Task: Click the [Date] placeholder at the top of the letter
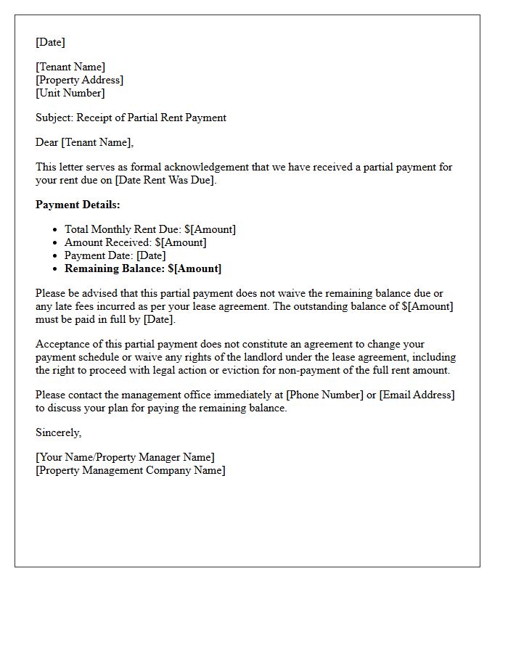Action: pyautogui.click(x=50, y=42)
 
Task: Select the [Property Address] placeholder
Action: pyautogui.click(x=79, y=80)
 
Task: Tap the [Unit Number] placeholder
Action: pyautogui.click(x=70, y=93)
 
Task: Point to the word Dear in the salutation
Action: pyautogui.click(x=47, y=142)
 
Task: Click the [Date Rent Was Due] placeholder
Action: pyautogui.click(x=165, y=180)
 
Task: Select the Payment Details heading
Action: pyautogui.click(x=78, y=205)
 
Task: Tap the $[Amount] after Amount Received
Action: pyautogui.click(x=181, y=242)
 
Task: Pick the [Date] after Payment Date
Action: pyautogui.click(x=151, y=255)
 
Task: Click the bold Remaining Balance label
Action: pyautogui.click(x=115, y=268)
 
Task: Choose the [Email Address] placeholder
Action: pyautogui.click(x=417, y=395)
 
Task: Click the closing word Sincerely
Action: pyautogui.click(x=58, y=432)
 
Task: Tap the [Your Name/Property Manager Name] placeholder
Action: pyautogui.click(x=125, y=457)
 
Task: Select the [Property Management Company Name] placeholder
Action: pyautogui.click(x=131, y=470)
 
